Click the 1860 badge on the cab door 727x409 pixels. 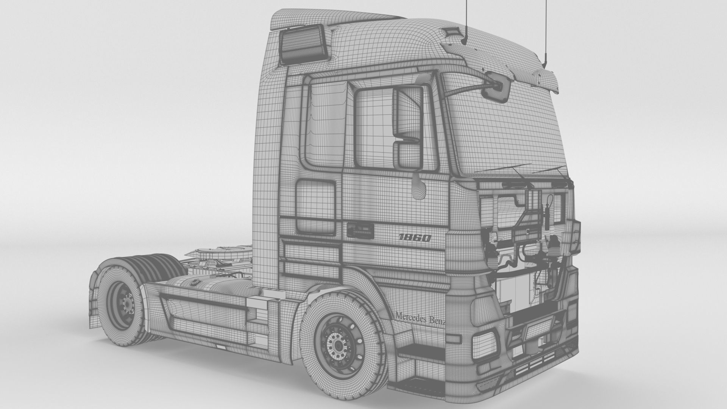pyautogui.click(x=415, y=238)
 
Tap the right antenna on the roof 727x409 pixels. pyautogui.click(x=546, y=34)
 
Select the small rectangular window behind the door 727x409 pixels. pyautogui.click(x=315, y=207)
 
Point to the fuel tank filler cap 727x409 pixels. pyautogui.click(x=195, y=281)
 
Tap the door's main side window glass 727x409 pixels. pyautogui.click(x=373, y=129)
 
